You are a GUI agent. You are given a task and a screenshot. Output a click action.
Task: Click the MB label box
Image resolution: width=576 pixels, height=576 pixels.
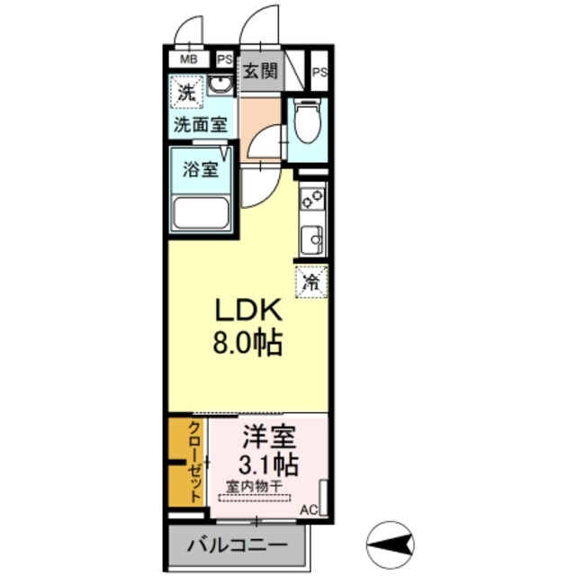click(x=189, y=59)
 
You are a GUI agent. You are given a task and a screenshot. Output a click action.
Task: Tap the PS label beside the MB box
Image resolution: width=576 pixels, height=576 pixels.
click(x=224, y=59)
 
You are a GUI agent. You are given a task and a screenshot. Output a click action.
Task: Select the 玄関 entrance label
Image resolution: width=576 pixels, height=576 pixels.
click(x=260, y=71)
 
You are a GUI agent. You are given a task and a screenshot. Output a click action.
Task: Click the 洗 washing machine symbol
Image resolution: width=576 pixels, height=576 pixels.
click(x=185, y=92)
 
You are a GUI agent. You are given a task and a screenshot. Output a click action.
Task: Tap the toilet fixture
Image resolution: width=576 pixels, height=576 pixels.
click(x=306, y=126)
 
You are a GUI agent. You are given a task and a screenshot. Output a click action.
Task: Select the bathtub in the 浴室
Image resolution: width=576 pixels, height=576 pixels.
click(x=202, y=214)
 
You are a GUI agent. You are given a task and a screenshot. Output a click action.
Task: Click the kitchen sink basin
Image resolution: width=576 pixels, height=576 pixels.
click(x=312, y=238)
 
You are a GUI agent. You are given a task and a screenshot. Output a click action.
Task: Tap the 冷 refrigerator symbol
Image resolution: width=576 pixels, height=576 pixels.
click(x=311, y=281)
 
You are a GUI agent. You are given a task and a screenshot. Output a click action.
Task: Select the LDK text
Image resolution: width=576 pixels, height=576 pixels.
click(x=247, y=310)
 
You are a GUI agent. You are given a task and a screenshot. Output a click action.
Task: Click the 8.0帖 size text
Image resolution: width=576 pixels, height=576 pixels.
click(x=247, y=343)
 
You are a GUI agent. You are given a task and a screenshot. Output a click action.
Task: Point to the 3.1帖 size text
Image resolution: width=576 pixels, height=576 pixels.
click(x=267, y=465)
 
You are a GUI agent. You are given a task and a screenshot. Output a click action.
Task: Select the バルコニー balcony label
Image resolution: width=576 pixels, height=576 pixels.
click(x=238, y=545)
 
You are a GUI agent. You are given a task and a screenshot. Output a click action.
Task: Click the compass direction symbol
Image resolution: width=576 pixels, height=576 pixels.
click(x=390, y=543)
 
